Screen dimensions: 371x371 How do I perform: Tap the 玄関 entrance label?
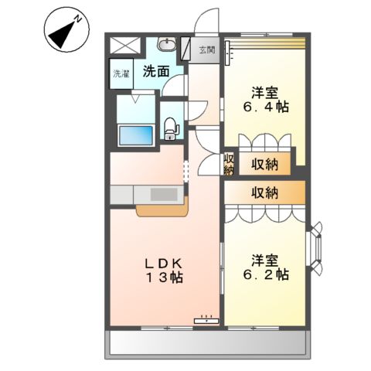(206, 50)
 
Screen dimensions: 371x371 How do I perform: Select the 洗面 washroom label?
(155, 72)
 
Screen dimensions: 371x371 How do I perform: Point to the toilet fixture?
(171, 128)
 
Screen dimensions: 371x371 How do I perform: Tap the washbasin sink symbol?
(167, 46)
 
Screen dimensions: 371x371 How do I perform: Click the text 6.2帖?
(264, 274)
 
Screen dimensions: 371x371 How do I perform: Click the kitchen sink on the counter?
(162, 195)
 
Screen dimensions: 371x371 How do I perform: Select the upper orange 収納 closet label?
(264, 164)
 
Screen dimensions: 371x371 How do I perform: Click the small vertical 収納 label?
(229, 165)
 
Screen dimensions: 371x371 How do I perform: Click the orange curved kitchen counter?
(162, 209)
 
